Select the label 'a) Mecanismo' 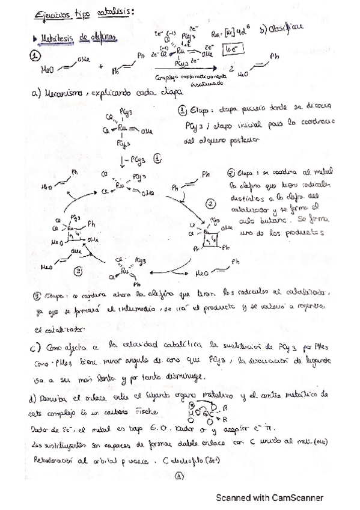point(58,94)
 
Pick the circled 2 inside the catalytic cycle point(210,204)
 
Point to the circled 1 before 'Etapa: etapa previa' point(183,111)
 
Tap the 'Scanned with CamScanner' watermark point(269,497)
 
